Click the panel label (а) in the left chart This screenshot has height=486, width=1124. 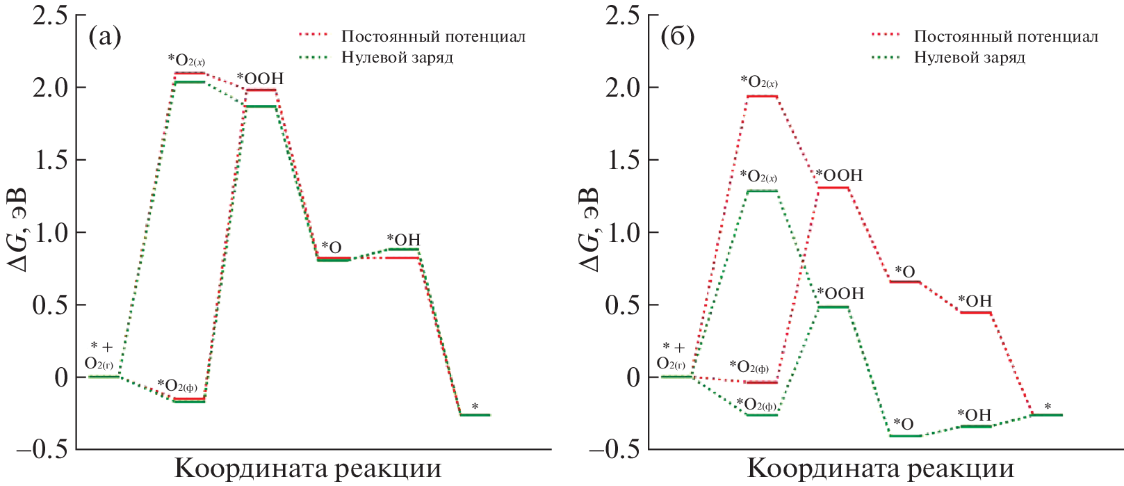point(106,37)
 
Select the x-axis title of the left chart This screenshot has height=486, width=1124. point(307,469)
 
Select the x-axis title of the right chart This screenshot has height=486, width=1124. point(880,469)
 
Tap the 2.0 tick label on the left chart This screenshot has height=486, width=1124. point(51,88)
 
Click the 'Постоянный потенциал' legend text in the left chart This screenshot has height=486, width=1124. point(433,36)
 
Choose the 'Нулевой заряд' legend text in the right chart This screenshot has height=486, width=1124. point(969,57)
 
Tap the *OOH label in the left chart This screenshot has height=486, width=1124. point(260,79)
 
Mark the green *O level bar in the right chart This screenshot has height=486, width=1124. point(905,436)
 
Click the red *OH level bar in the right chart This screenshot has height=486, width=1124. point(975,313)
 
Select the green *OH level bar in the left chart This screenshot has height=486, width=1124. point(403,249)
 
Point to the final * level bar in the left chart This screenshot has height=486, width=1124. point(475,415)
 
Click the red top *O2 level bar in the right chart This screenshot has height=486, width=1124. point(761,96)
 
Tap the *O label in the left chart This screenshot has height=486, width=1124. point(331,248)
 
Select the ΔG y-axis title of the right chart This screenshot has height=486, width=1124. point(589,229)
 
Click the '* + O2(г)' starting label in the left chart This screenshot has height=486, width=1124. point(99,355)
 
